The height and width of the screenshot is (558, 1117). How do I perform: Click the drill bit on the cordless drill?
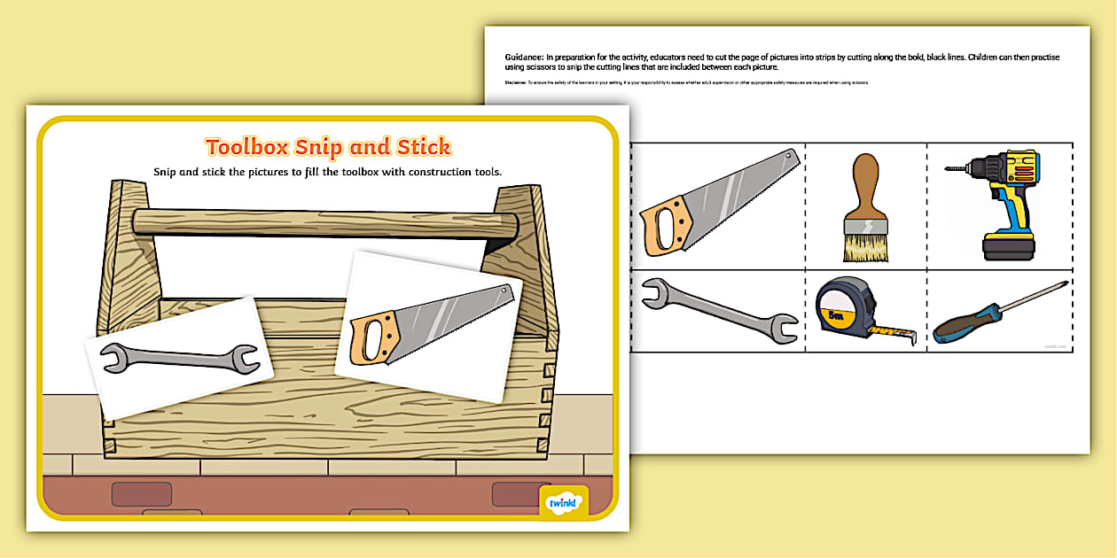click(957, 166)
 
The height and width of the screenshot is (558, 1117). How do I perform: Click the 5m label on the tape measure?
click(833, 314)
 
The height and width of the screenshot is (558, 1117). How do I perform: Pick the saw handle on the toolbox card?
click(371, 340)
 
